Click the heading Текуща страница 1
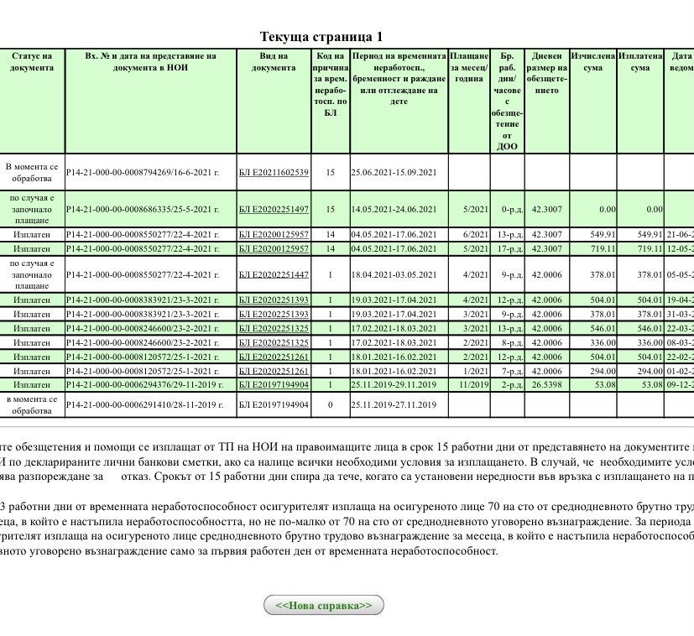[321, 37]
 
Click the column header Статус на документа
[32, 62]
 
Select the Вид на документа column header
[274, 62]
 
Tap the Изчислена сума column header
[592, 62]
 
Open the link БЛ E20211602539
[274, 173]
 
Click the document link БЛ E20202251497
[274, 210]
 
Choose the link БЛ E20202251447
[274, 274]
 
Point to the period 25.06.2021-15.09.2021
[394, 173]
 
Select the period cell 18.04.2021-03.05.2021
[394, 274]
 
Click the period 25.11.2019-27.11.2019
[394, 405]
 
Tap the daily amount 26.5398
[547, 385]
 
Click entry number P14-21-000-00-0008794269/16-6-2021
[143, 173]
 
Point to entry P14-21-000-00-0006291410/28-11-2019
[144, 405]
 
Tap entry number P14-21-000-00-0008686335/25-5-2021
[143, 210]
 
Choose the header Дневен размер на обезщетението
[547, 73]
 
